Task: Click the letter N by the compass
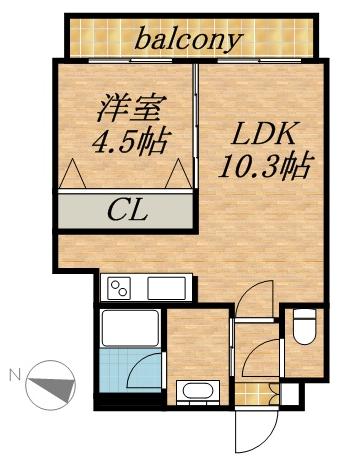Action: (x=14, y=375)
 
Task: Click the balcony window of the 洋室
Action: (x=125, y=60)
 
